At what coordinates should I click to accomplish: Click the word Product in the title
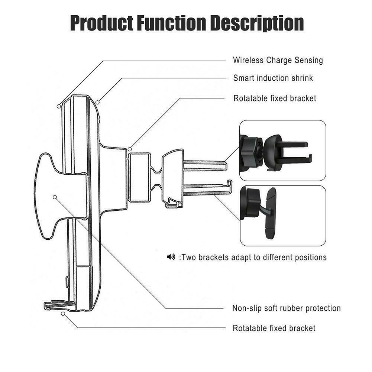[x=101, y=23]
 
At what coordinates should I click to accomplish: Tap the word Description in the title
[x=257, y=23]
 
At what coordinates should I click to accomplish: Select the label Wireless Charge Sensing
[x=278, y=60]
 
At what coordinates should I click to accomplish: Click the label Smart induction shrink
[x=273, y=78]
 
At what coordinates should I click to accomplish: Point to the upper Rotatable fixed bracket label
[x=275, y=98]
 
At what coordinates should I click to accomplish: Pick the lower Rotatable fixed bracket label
[x=274, y=328]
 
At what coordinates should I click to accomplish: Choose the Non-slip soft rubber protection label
[x=287, y=308]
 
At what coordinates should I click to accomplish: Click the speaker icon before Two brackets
[x=171, y=257]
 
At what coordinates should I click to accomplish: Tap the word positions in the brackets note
[x=311, y=258]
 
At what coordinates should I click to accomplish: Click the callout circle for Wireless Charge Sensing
[x=59, y=106]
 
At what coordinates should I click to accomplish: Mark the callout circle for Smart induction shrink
[x=97, y=102]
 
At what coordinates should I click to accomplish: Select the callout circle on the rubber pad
[x=55, y=197]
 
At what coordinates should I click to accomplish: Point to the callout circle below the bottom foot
[x=63, y=314]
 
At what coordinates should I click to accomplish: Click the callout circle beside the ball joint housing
[x=130, y=149]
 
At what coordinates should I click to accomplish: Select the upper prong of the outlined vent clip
[x=205, y=165]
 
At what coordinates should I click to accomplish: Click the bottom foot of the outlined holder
[x=60, y=305]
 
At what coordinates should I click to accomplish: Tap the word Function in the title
[x=172, y=23]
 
